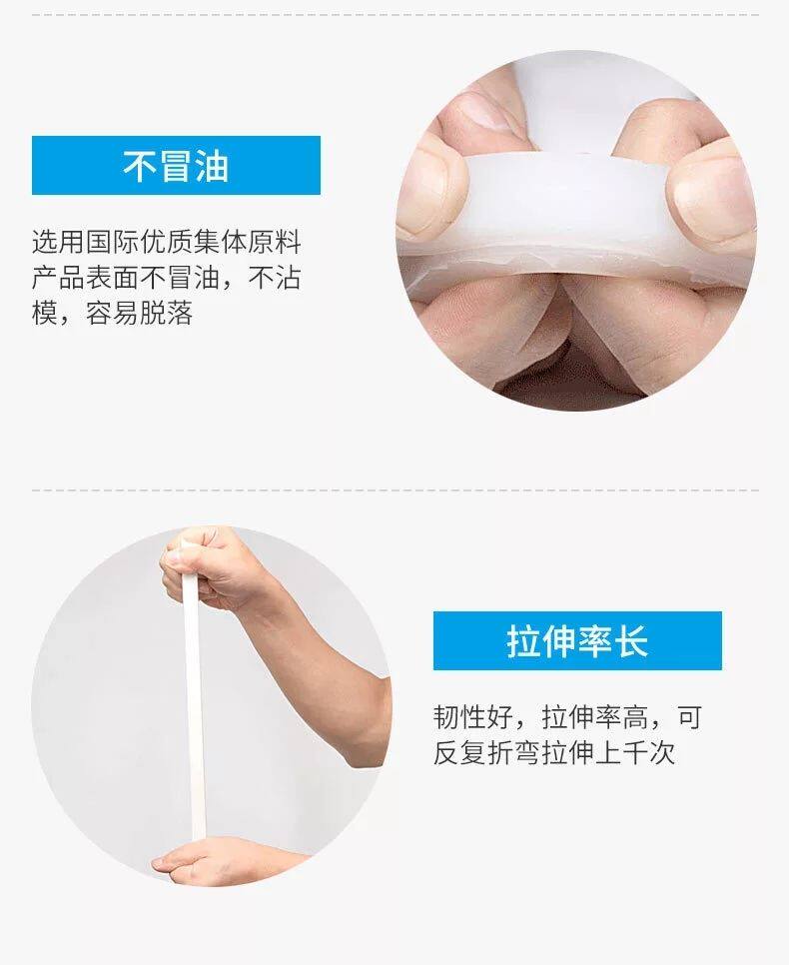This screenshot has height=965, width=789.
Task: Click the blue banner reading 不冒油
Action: (x=176, y=165)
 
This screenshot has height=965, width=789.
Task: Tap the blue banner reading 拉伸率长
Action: (x=577, y=640)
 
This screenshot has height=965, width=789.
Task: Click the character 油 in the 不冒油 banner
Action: (x=213, y=166)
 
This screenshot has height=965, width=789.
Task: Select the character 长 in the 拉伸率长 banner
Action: (x=631, y=640)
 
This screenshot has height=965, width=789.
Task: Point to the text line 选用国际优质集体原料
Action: (x=166, y=242)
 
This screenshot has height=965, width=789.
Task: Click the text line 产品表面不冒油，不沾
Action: (x=166, y=278)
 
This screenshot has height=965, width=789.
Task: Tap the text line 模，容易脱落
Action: (x=113, y=313)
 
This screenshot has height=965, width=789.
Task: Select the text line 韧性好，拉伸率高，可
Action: (x=567, y=717)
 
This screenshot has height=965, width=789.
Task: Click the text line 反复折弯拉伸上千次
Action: (x=554, y=752)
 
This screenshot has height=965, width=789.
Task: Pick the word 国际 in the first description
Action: (x=113, y=242)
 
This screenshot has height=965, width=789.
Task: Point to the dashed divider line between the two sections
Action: (x=395, y=490)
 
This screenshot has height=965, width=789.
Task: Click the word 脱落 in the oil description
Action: (x=167, y=313)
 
